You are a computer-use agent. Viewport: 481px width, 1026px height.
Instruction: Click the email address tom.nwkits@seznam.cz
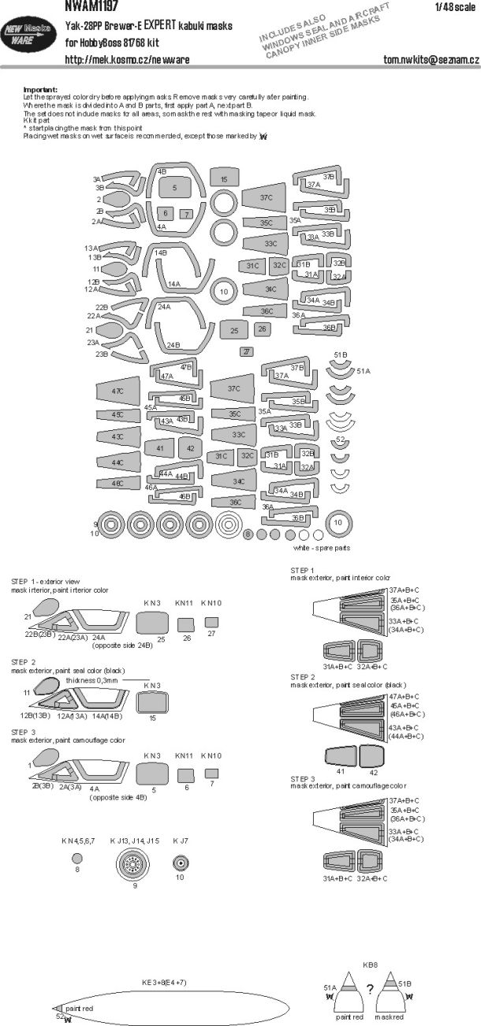pyautogui.click(x=427, y=60)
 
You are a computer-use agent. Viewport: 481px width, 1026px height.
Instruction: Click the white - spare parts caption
pyautogui.click(x=322, y=548)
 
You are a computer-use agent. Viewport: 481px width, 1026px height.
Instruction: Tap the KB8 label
pyautogui.click(x=369, y=964)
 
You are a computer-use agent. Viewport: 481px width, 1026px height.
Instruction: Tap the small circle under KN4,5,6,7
pyautogui.click(x=76, y=858)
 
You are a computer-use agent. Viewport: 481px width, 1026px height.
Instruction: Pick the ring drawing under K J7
pyautogui.click(x=180, y=863)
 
